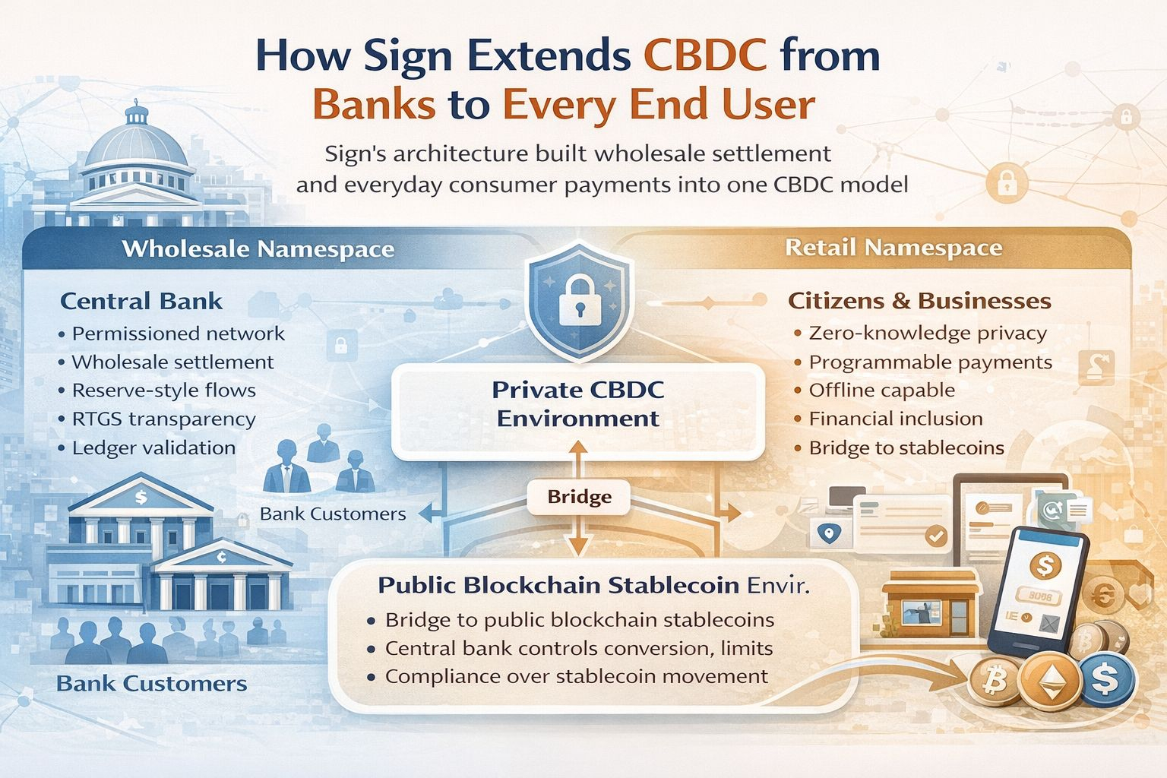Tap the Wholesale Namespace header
258,249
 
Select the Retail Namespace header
893,248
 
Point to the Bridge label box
579,497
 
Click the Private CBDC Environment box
577,404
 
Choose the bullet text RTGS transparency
163,419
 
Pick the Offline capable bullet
881,391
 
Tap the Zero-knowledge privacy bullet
927,333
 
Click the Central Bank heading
141,301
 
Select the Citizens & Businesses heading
919,301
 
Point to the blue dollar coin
1106,678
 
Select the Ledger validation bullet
153,448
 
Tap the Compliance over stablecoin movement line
576,676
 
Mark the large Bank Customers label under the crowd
152,684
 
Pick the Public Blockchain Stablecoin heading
558,585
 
